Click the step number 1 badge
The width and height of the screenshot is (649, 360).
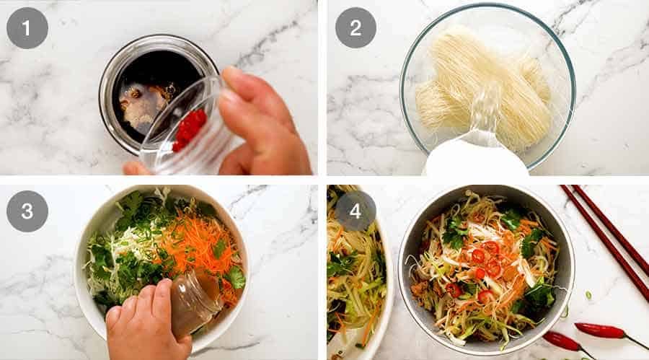click(27, 28)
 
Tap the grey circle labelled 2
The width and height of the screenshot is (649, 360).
click(356, 28)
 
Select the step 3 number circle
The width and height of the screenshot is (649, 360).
click(27, 211)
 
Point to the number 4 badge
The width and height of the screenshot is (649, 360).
click(356, 211)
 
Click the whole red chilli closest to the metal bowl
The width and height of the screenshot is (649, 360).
click(564, 341)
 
